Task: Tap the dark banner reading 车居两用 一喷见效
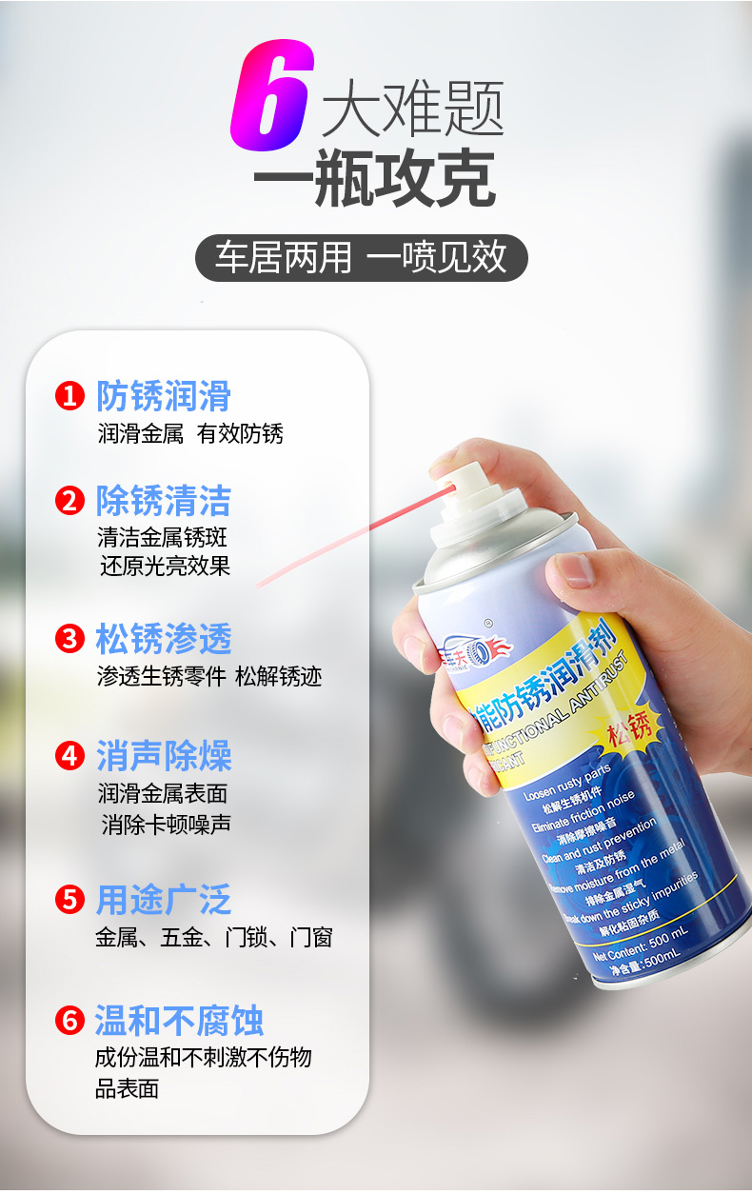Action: [x=361, y=258]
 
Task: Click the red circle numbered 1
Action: [x=69, y=396]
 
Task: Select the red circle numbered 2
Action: [x=69, y=501]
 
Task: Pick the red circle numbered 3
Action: [x=69, y=638]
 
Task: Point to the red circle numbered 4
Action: [x=69, y=757]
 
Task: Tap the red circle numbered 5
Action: [x=69, y=899]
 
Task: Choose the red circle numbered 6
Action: [x=69, y=1020]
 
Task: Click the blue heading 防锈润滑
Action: [x=164, y=396]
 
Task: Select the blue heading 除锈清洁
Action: [x=164, y=501]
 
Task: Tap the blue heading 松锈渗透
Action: [x=164, y=639]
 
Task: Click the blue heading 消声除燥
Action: [x=164, y=757]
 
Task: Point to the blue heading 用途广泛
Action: [x=164, y=900]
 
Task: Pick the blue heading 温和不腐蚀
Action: [x=179, y=1021]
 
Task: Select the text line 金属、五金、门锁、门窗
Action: [x=214, y=938]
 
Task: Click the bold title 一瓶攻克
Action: [x=375, y=178]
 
